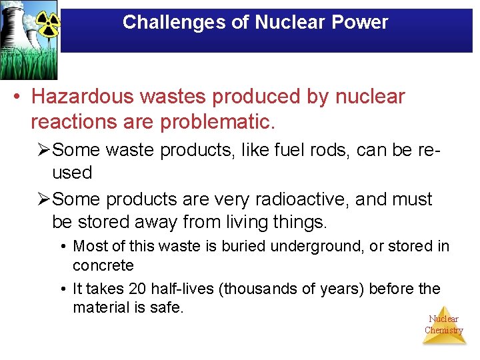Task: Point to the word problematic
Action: [221, 123]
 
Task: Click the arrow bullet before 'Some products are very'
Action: [43, 199]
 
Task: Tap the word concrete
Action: [103, 265]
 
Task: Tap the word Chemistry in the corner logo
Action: [443, 331]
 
